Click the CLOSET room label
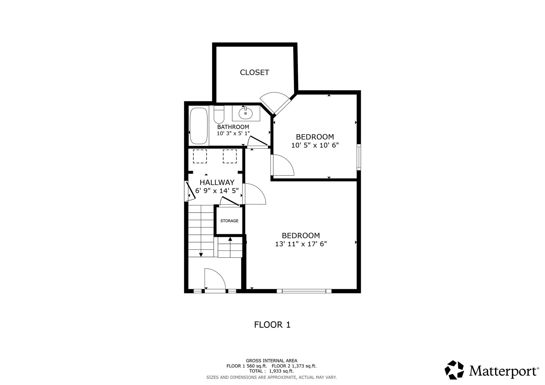254,72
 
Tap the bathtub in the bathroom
199,126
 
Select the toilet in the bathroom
219,115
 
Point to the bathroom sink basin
245,114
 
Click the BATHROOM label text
233,127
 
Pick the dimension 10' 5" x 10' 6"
315,145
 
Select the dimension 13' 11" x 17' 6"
301,244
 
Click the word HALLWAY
217,182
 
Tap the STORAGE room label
229,221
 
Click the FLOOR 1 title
272,325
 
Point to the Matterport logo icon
454,370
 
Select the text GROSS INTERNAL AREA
271,361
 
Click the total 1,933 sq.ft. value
281,371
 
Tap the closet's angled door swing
275,102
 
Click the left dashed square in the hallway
200,156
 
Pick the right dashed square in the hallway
230,156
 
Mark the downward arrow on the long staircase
201,255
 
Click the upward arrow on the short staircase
230,239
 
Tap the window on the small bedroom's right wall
359,157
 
